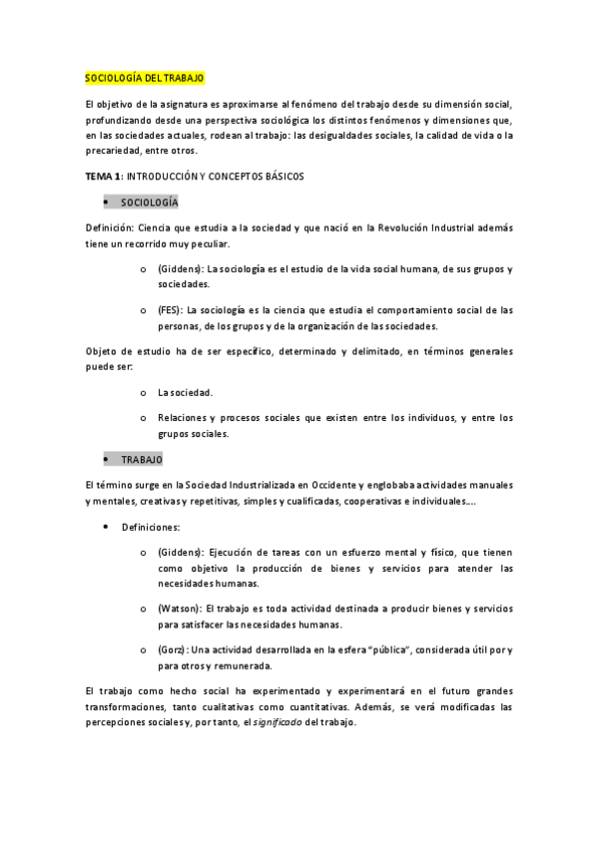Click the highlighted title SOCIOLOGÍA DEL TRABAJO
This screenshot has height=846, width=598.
coord(145,78)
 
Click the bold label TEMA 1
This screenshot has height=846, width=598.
coord(103,176)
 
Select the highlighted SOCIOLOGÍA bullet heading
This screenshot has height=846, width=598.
coord(150,203)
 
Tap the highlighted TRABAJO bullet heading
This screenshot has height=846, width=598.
coord(142,460)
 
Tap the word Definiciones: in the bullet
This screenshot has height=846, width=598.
coord(151,527)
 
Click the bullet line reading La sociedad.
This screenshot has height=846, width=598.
coord(185,392)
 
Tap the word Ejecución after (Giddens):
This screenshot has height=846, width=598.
coord(234,552)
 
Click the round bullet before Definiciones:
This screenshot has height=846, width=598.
coord(106,527)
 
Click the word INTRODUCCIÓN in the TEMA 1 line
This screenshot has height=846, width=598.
coord(171,176)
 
